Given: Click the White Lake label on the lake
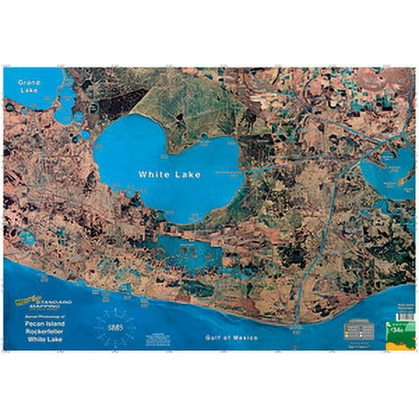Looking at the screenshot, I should click(x=170, y=175).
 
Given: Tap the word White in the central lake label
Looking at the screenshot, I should click(x=155, y=175).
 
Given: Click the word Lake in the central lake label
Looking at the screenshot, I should click(x=187, y=175).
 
